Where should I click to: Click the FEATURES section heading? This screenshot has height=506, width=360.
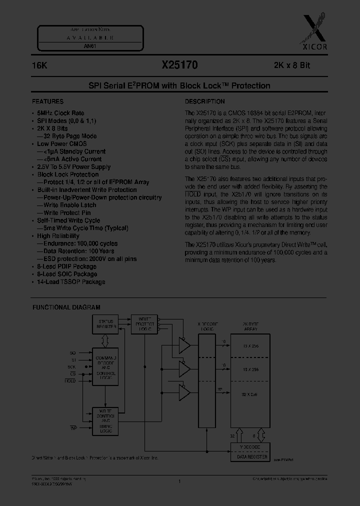point(48,101)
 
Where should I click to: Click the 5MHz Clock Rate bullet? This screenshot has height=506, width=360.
point(60,113)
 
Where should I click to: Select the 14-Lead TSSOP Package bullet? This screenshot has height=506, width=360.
point(70,282)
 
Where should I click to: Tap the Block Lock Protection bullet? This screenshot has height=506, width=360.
point(67,174)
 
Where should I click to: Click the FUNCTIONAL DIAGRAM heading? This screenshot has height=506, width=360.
point(66,307)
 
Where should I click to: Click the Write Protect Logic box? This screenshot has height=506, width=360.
point(144,324)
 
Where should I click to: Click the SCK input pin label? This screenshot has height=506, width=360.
point(72,366)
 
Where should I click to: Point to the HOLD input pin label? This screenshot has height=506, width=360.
point(70,381)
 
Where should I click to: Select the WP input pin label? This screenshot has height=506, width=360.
point(72,428)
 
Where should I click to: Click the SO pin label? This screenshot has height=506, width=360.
point(73,353)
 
